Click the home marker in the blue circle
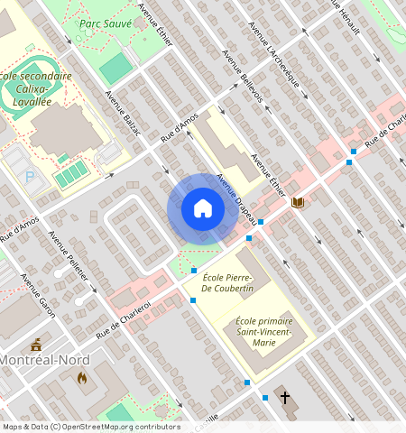click(x=203, y=209)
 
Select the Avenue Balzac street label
click(x=123, y=113)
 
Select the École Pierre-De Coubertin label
click(x=228, y=282)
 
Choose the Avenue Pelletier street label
click(x=69, y=256)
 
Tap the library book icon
click(x=298, y=203)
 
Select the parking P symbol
click(x=30, y=178)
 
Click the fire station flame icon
click(x=83, y=378)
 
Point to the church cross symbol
click(x=285, y=397)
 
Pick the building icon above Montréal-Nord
click(x=36, y=345)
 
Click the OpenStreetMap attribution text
click(x=91, y=427)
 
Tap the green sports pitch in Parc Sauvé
click(x=115, y=69)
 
